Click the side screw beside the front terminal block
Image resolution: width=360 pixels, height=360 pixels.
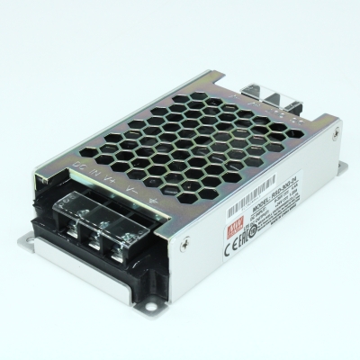184,242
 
